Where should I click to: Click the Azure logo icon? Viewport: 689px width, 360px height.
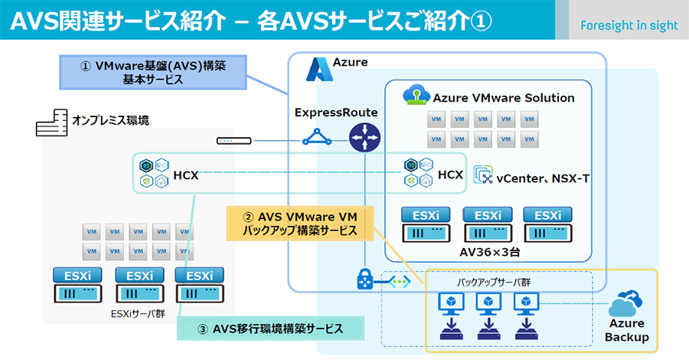tap(317, 69)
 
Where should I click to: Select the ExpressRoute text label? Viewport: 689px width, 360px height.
tap(336, 113)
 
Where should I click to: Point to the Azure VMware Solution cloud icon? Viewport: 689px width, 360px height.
tap(416, 97)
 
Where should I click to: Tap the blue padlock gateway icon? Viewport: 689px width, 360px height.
tap(364, 280)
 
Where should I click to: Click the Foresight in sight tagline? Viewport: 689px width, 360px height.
tap(629, 25)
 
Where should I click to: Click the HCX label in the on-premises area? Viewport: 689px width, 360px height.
tap(186, 175)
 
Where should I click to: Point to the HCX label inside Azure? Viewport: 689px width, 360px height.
tap(450, 175)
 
